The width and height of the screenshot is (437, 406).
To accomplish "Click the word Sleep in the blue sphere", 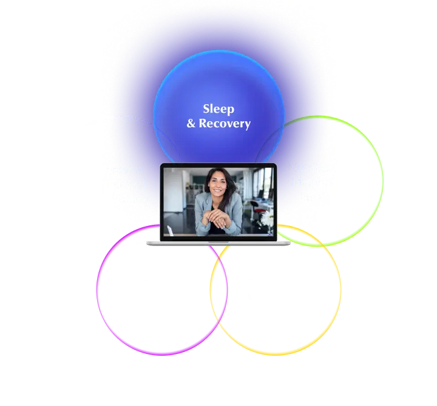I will pyautogui.click(x=218, y=109).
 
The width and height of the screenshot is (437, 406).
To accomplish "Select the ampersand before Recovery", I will pyautogui.click(x=191, y=124).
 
